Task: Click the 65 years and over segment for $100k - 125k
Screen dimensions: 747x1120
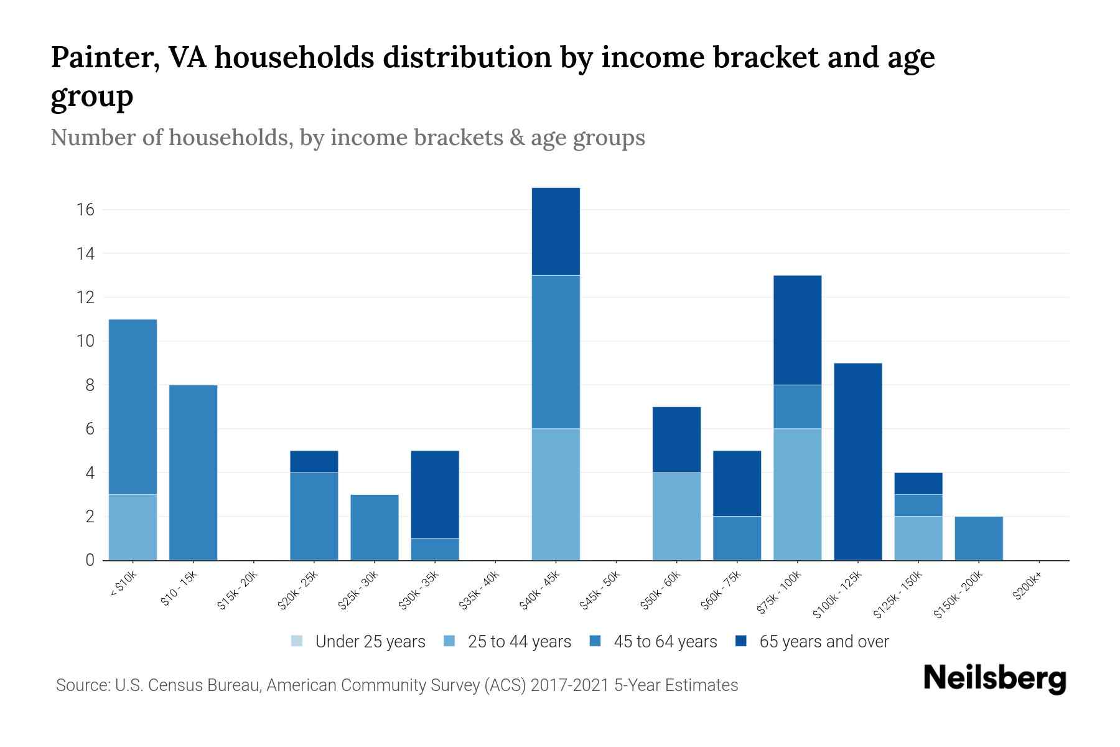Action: click(x=857, y=461)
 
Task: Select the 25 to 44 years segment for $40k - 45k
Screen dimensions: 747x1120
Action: click(x=556, y=494)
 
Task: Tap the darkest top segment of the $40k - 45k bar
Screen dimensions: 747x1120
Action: click(x=556, y=231)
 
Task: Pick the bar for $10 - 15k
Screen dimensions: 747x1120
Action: click(x=193, y=472)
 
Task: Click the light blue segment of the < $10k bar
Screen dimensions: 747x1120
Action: click(x=133, y=527)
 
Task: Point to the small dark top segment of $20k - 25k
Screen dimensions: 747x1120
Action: click(x=314, y=461)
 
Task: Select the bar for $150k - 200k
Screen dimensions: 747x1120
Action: click(x=978, y=538)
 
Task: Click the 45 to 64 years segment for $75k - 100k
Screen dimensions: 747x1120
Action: click(x=797, y=406)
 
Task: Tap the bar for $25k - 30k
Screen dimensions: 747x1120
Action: click(x=374, y=527)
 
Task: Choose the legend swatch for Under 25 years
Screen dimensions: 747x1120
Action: click(x=297, y=641)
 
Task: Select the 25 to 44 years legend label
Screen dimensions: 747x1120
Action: click(x=519, y=642)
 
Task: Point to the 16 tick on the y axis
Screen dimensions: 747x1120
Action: click(x=86, y=210)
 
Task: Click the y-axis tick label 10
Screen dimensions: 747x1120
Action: click(x=86, y=341)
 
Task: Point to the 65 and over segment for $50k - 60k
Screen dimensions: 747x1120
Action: click(x=676, y=439)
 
